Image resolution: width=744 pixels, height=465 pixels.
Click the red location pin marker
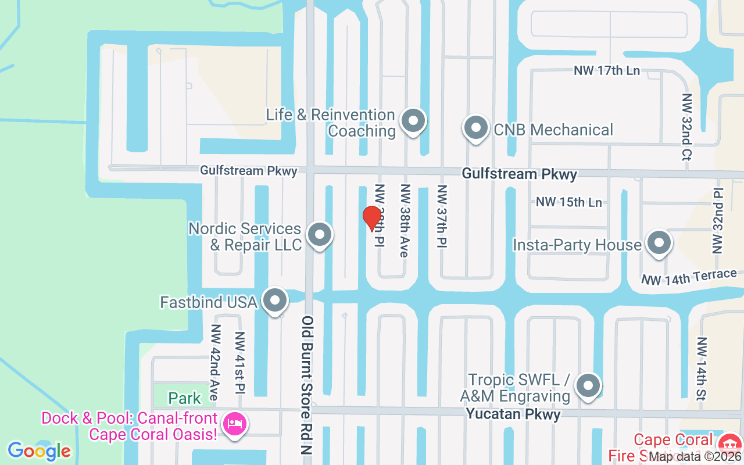tap(372, 218)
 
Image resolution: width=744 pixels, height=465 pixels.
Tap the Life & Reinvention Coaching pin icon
tap(413, 121)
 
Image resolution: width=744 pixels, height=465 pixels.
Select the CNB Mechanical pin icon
tap(476, 128)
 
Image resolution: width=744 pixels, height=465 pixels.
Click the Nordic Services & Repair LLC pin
tap(319, 235)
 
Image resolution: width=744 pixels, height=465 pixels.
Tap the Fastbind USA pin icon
tap(275, 301)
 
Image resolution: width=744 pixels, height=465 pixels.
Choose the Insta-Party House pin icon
tap(659, 244)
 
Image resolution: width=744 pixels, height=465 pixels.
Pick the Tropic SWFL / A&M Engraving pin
tap(588, 386)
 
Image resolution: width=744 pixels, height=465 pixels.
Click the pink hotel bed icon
tap(235, 425)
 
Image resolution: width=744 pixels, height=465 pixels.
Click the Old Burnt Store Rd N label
tap(307, 389)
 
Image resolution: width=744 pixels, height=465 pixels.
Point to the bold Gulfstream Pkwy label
tap(520, 174)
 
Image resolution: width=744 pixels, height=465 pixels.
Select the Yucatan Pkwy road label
tap(513, 414)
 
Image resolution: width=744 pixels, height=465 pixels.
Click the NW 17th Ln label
tap(607, 70)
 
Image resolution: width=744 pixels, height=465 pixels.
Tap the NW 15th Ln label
tap(568, 202)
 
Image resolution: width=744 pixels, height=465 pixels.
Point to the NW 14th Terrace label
tap(689, 277)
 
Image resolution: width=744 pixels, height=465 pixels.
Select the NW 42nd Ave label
tap(214, 362)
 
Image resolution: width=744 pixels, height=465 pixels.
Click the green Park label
tap(185, 398)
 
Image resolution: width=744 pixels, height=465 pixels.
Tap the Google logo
tap(39, 450)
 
